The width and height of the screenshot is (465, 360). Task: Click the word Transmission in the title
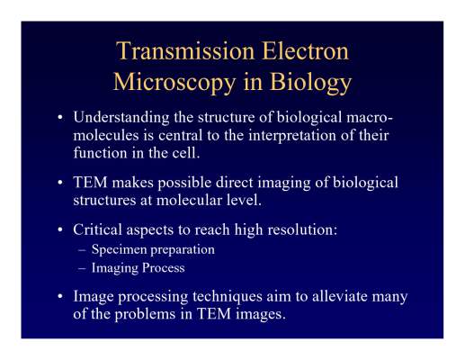[185, 50]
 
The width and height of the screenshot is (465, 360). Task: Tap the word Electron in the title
[306, 50]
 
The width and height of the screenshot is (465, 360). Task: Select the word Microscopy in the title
[174, 83]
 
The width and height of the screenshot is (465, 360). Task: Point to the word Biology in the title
[310, 83]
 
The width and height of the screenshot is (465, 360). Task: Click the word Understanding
[121, 117]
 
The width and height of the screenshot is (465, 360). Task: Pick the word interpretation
[292, 136]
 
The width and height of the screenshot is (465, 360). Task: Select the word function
[100, 153]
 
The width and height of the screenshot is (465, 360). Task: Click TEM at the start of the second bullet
[90, 183]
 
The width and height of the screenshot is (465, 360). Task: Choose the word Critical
[97, 229]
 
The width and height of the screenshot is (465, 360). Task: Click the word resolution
[302, 229]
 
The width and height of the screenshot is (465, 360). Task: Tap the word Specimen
[115, 250]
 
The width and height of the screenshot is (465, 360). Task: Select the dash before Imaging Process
[82, 268]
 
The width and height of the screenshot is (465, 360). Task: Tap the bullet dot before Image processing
[60, 296]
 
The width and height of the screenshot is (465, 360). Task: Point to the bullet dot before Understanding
[60, 117]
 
